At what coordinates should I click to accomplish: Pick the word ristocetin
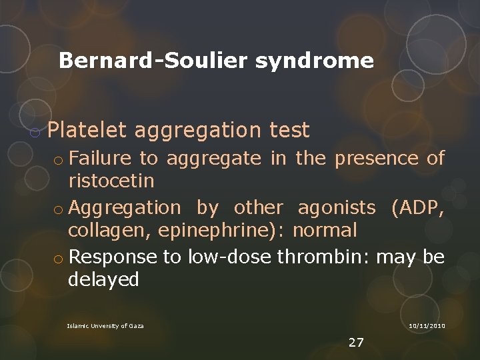pyautogui.click(x=111, y=181)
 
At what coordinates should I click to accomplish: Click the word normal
pyautogui.click(x=325, y=231)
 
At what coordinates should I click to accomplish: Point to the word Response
pyautogui.click(x=110, y=257)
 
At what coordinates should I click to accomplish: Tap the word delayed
pyautogui.click(x=103, y=279)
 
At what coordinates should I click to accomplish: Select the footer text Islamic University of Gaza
pyautogui.click(x=105, y=325)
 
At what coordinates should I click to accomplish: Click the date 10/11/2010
pyautogui.click(x=427, y=325)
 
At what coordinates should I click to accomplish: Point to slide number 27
pyautogui.click(x=356, y=343)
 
